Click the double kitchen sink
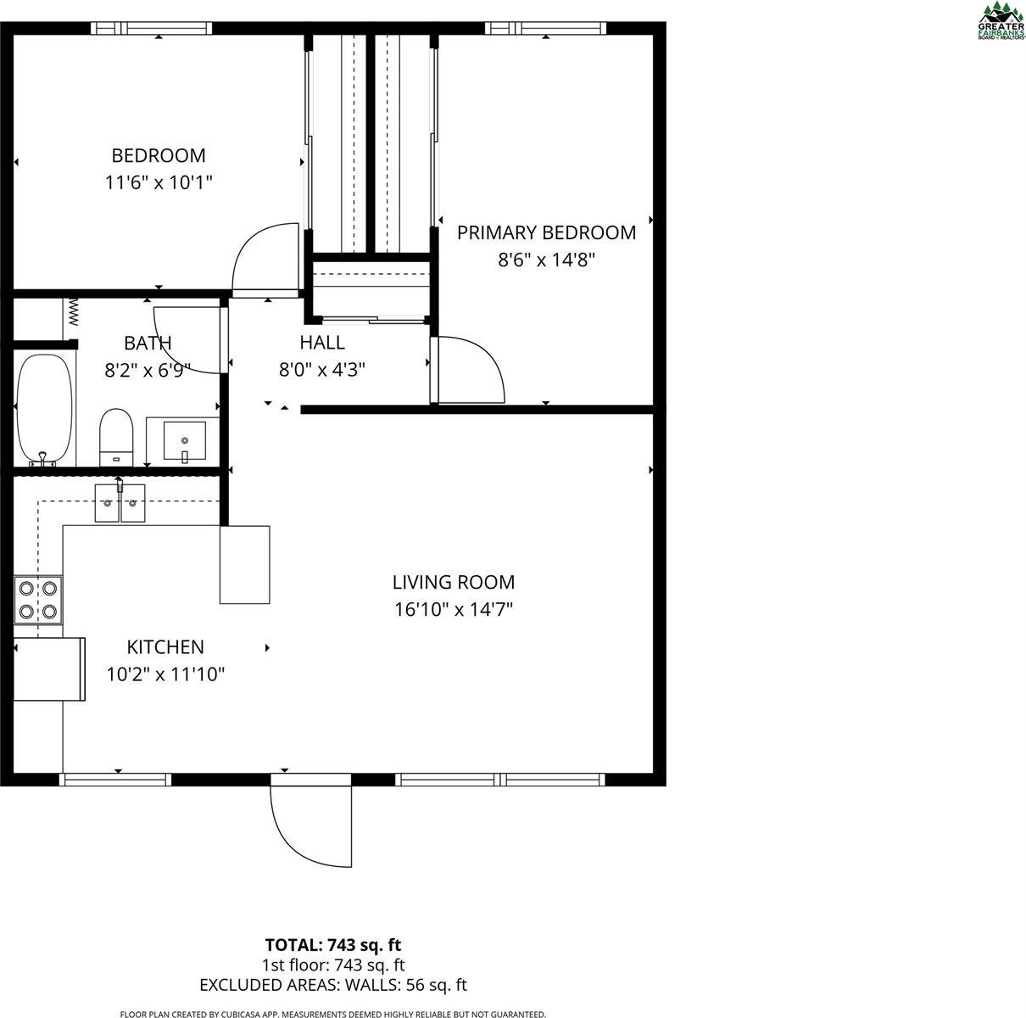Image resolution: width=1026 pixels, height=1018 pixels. click(x=120, y=503)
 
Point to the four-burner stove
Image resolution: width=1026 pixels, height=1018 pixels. click(x=38, y=599)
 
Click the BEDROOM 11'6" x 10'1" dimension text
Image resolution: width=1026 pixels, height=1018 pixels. click(x=159, y=182)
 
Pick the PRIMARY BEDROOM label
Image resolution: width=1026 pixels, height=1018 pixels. click(x=546, y=232)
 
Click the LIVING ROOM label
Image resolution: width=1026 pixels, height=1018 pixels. click(x=453, y=582)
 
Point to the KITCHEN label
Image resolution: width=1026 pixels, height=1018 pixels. click(x=165, y=647)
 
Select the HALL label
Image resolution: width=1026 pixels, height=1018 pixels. click(x=321, y=343)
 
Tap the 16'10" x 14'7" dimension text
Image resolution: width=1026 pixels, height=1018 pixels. click(x=453, y=609)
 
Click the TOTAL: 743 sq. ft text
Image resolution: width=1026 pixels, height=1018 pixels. click(x=332, y=944)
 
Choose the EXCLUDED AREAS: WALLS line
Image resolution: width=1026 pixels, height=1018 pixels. click(x=332, y=985)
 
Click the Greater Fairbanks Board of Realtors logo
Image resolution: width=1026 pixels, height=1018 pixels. click(x=1001, y=20)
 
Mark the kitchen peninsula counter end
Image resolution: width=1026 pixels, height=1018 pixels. click(x=245, y=564)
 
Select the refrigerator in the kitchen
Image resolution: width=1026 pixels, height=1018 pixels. click(x=49, y=669)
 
